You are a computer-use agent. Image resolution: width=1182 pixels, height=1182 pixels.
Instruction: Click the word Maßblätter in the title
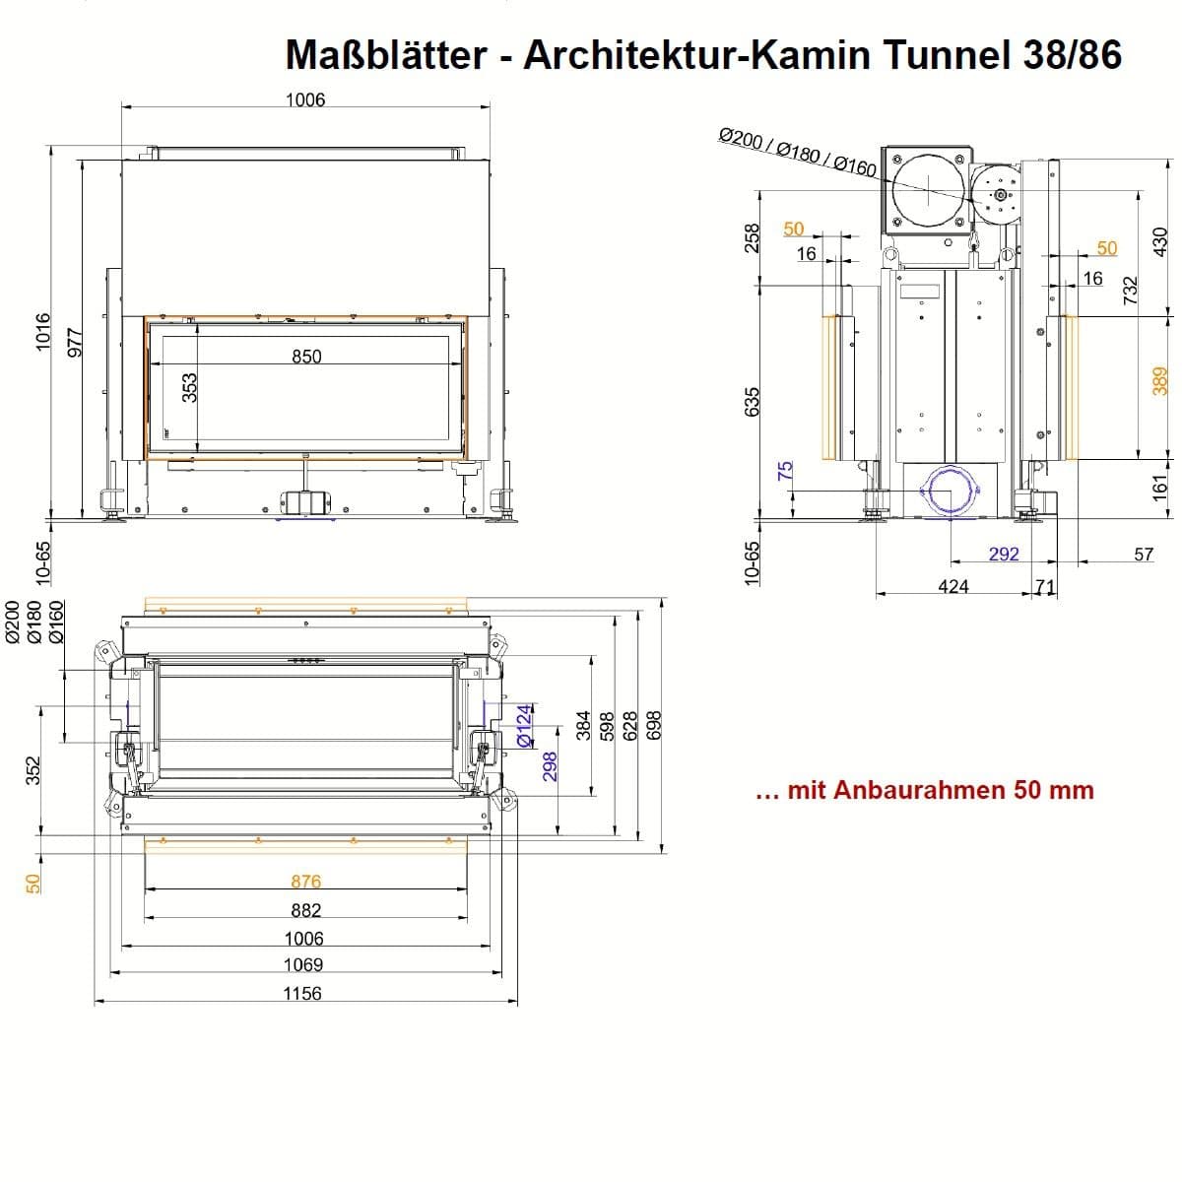tap(386, 54)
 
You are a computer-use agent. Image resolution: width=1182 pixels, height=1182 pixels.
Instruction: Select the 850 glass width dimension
tap(306, 357)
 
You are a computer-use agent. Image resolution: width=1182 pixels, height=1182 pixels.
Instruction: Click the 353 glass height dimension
tap(189, 388)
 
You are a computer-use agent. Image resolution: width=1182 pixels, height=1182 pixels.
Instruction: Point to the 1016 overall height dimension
tap(43, 331)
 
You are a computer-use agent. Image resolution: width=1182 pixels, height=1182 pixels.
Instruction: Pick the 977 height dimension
tap(74, 344)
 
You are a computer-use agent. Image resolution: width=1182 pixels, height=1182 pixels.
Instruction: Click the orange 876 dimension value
tap(305, 882)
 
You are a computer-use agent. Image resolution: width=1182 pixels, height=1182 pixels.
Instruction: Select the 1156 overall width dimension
tap(302, 993)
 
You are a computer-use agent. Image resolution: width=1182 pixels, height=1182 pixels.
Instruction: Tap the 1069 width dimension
tap(303, 965)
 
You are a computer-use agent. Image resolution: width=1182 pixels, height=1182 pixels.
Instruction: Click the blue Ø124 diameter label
tap(524, 725)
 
